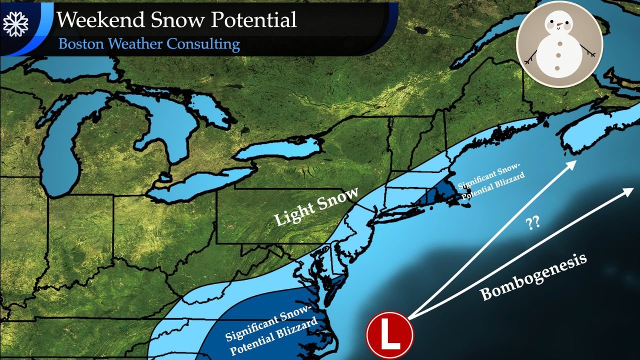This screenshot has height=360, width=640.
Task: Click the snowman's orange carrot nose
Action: tap(558, 23)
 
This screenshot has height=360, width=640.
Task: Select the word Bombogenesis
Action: tap(533, 276)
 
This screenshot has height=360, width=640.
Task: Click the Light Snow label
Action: tap(316, 207)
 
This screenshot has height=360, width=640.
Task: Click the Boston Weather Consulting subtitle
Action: tap(149, 44)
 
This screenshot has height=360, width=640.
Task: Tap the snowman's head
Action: tap(559, 22)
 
